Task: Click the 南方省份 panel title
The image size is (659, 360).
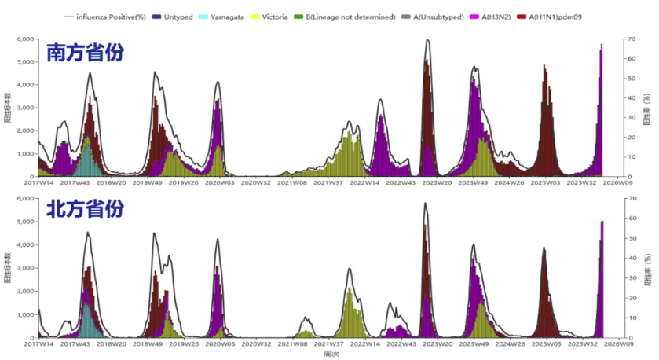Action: point(85,54)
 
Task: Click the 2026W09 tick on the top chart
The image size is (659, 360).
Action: point(619,182)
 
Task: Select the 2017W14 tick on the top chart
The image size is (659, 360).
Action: point(38,182)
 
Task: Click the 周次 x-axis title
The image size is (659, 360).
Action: point(330,354)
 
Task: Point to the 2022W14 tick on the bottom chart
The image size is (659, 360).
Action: point(364,343)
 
